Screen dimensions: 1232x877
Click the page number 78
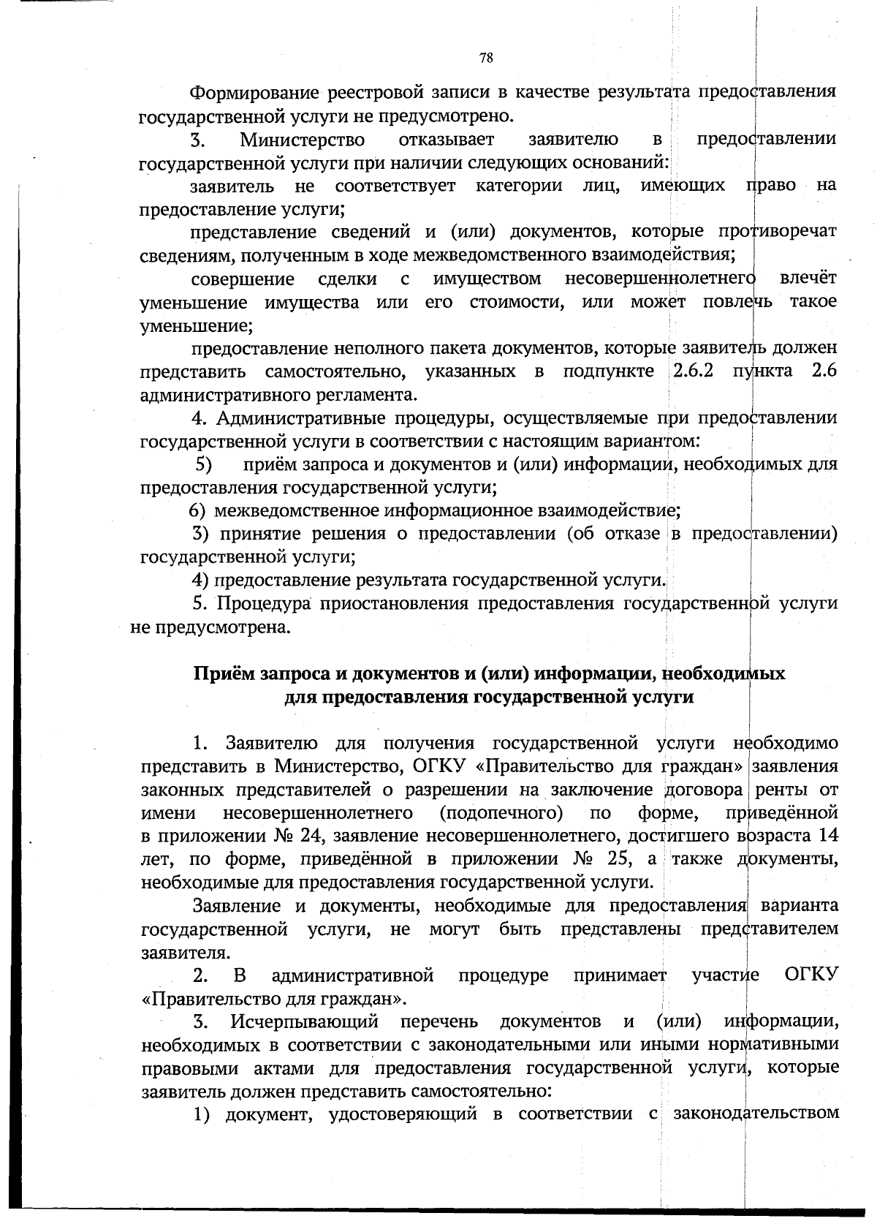click(486, 58)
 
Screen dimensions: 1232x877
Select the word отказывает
click(447, 139)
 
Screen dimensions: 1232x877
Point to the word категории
click(519, 186)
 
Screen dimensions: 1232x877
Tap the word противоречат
click(776, 233)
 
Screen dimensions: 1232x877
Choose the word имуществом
click(487, 279)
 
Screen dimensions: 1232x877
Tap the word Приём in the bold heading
click(223, 673)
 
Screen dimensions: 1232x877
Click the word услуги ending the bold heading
click(664, 697)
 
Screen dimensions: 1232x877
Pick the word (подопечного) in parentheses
click(501, 813)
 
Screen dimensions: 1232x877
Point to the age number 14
click(828, 836)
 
